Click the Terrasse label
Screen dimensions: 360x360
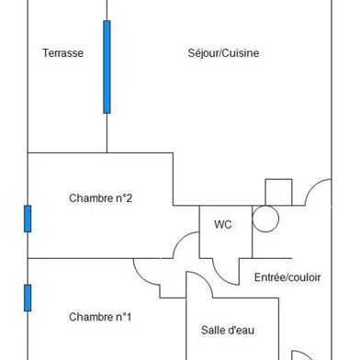[62, 53]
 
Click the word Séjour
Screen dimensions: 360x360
[205, 53]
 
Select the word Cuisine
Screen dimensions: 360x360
[242, 53]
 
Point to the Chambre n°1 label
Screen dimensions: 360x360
[100, 317]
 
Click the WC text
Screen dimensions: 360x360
[223, 224]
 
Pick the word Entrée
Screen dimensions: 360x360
[269, 277]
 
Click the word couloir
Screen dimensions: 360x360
[304, 277]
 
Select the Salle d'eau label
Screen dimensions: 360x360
[228, 330]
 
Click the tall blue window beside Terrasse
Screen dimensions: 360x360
[107, 66]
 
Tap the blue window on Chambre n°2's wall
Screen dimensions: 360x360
[28, 219]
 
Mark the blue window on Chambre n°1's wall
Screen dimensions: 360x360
[28, 298]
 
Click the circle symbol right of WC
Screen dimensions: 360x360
[264, 218]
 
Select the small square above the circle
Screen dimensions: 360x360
[278, 192]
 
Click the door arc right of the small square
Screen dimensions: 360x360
[319, 191]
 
